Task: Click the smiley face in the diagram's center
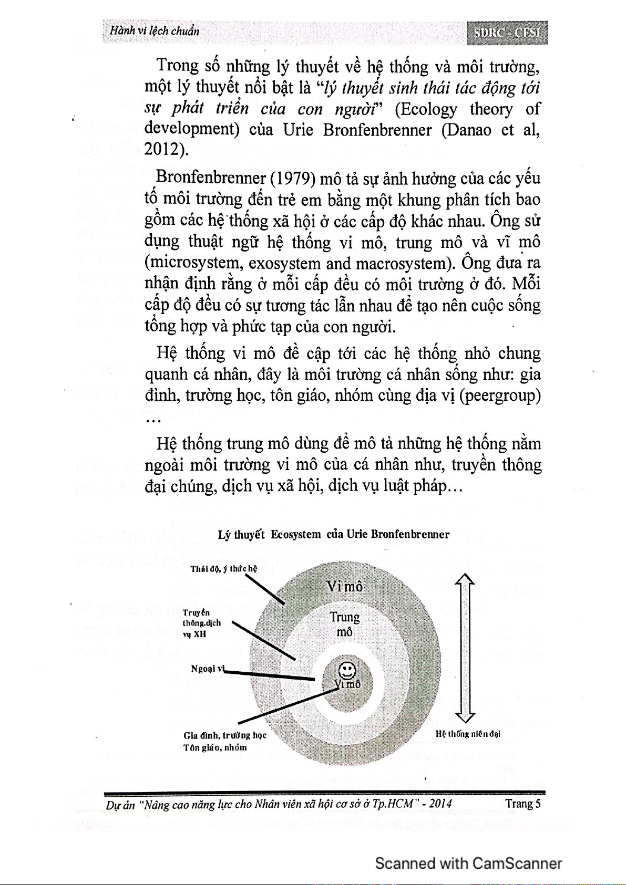(347, 670)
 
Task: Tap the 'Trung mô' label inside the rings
(344, 624)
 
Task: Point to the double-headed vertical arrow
(465, 648)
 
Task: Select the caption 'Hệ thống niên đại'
(467, 734)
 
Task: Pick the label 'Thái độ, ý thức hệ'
(223, 569)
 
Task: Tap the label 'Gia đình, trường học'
(225, 735)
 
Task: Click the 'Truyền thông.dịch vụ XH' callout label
(201, 623)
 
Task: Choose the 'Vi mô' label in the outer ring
(344, 587)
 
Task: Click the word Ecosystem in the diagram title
(295, 535)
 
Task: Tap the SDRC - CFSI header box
(507, 33)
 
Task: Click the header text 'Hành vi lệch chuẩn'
(155, 30)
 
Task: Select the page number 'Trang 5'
(522, 804)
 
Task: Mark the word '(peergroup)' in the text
(499, 395)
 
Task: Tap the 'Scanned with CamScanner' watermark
(468, 863)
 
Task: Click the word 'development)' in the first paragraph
(192, 129)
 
